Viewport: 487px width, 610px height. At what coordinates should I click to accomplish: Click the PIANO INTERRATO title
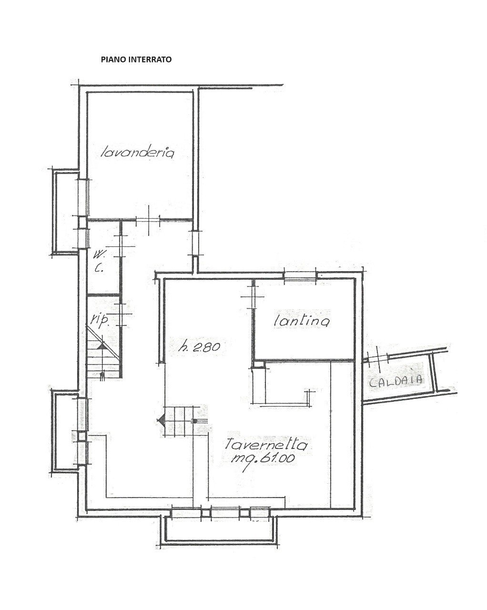[136, 60]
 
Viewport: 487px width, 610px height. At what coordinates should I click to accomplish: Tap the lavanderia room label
[138, 153]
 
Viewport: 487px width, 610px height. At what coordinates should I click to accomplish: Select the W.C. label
[100, 261]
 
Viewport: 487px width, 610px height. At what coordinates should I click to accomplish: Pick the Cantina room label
[302, 321]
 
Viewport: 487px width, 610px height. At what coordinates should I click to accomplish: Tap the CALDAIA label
[396, 380]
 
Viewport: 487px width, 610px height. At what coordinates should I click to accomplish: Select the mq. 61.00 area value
[264, 458]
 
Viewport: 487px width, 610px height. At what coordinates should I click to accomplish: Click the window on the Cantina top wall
[300, 275]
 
